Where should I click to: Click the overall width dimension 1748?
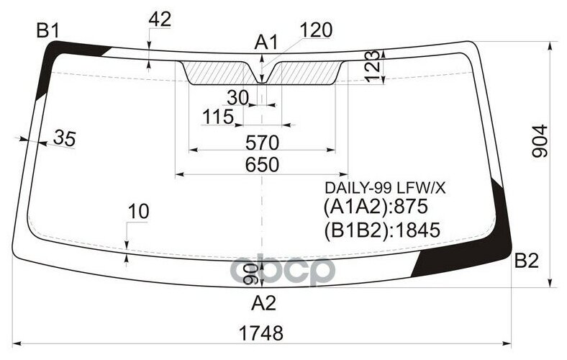tap(261, 333)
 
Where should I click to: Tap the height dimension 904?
tap(540, 141)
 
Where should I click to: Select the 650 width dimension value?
tap(262, 165)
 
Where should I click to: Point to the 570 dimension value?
tap(262, 143)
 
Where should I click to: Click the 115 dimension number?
tap(218, 117)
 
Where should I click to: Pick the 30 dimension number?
tap(238, 97)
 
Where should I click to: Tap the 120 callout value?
tap(316, 30)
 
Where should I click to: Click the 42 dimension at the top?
tap(160, 19)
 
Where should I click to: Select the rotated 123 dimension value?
tap(373, 66)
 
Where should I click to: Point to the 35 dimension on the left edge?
tap(65, 138)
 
